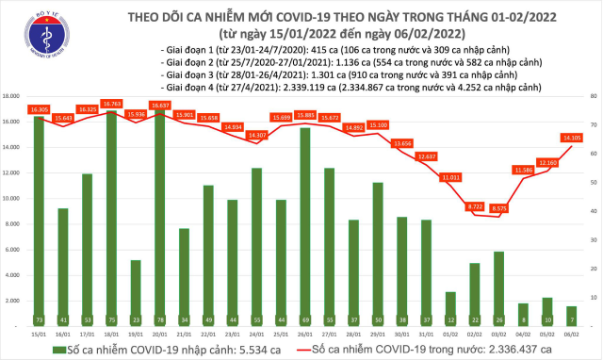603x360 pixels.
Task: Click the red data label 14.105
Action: [x=571, y=138]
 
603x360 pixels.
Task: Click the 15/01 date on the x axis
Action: [x=39, y=333]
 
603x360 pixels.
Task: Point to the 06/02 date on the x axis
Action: [x=572, y=333]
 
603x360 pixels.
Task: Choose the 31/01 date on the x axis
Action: [x=427, y=333]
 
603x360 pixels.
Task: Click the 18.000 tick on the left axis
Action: [x=13, y=96]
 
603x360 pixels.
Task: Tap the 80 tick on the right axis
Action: [x=592, y=96]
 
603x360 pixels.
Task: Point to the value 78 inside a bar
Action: [x=159, y=319]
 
